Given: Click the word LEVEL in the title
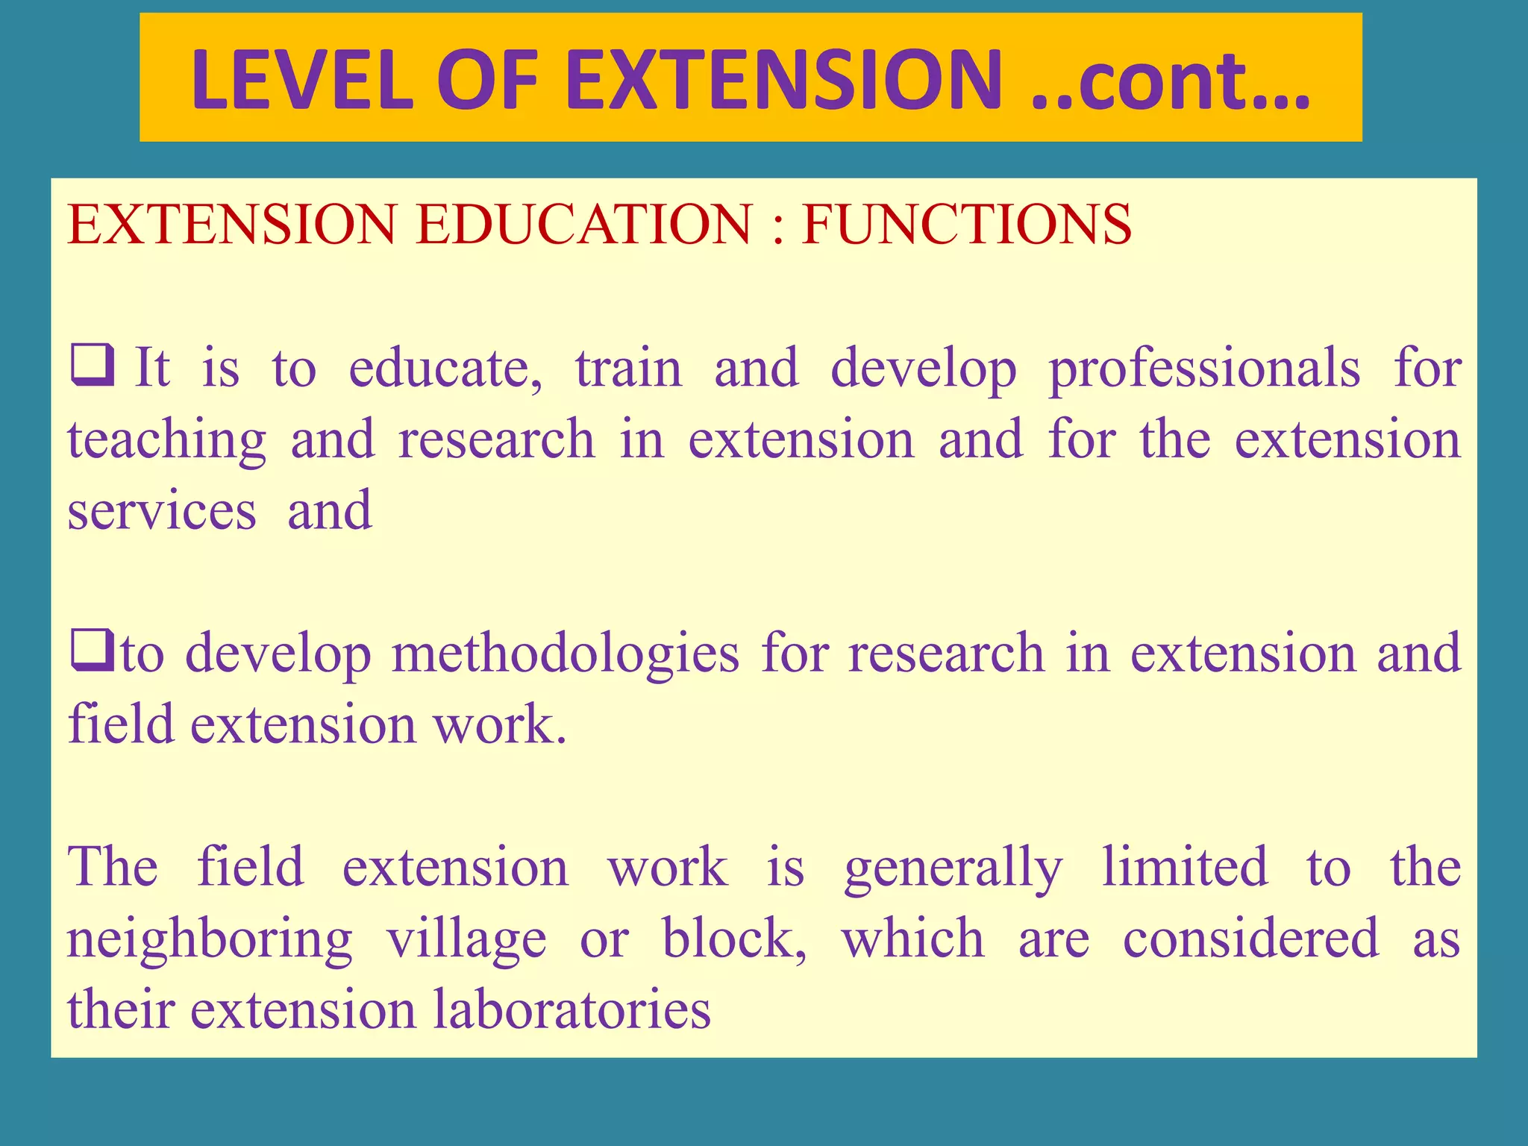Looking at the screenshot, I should coord(301,80).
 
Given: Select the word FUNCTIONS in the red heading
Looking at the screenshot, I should coord(966,224).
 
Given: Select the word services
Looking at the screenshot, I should coord(162,512).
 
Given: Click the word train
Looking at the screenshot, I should coord(628,369).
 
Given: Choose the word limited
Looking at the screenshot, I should coord(1185,867).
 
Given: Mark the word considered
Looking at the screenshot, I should coord(1250,939).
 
